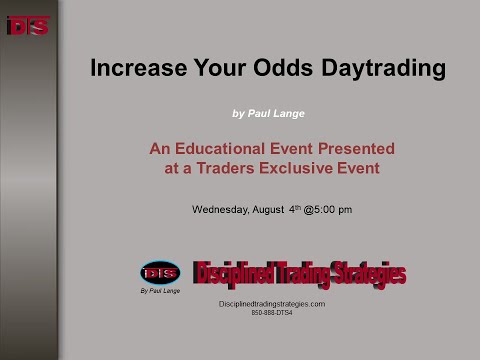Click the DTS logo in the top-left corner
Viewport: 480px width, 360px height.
pyautogui.click(x=27, y=26)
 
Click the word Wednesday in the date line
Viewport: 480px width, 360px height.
pyautogui.click(x=222, y=210)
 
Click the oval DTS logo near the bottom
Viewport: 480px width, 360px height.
pyautogui.click(x=160, y=272)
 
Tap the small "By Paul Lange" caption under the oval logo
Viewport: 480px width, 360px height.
pyautogui.click(x=160, y=292)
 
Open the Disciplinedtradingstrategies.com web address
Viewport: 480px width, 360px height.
pyautogui.click(x=271, y=303)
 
